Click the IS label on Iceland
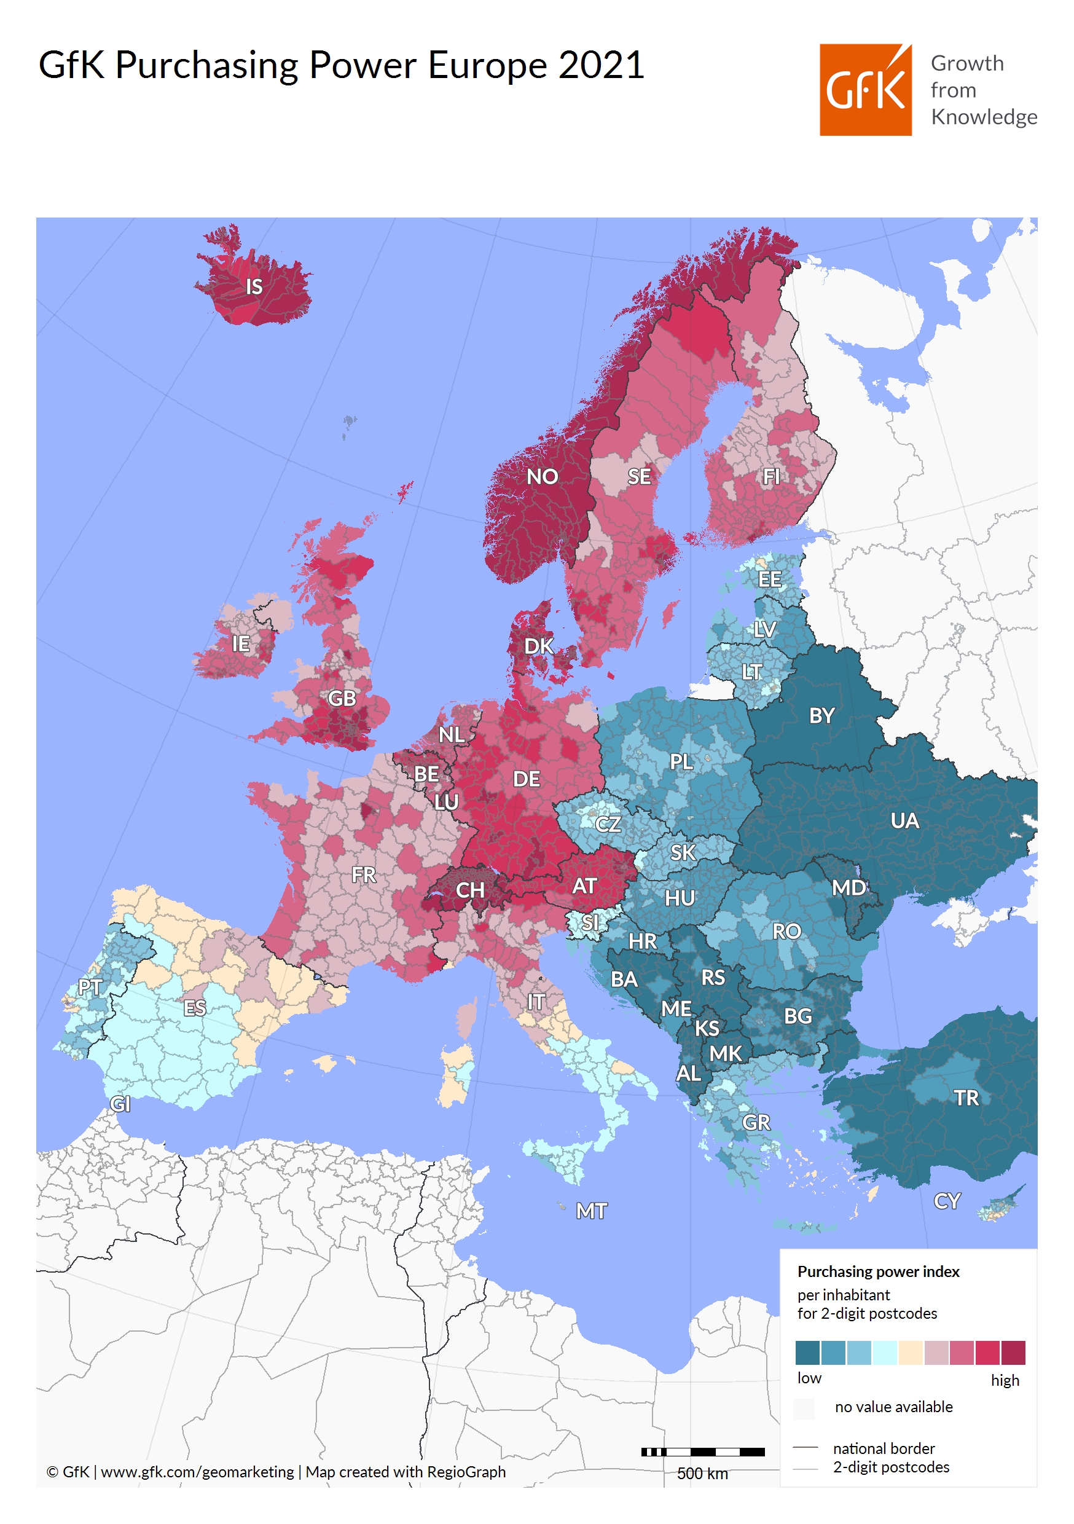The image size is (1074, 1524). tap(254, 287)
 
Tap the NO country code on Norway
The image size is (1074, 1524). tap(542, 477)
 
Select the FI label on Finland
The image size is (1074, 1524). tap(770, 477)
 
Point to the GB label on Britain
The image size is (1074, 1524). tap(341, 698)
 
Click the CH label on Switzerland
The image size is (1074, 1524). tap(469, 890)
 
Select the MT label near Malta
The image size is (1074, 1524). tap(591, 1211)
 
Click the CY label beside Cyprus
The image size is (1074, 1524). tap(947, 1201)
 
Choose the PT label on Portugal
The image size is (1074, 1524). tap(90, 987)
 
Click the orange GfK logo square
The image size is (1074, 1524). tap(865, 90)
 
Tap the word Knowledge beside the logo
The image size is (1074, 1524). tap(983, 117)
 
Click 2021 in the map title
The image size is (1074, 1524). tap(601, 65)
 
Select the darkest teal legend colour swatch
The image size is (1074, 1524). tap(807, 1352)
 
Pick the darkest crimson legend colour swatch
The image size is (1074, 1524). tap(1013, 1352)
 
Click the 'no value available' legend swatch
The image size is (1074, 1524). tap(804, 1408)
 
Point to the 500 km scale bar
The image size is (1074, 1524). tap(702, 1451)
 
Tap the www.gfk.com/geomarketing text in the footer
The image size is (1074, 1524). tap(197, 1472)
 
